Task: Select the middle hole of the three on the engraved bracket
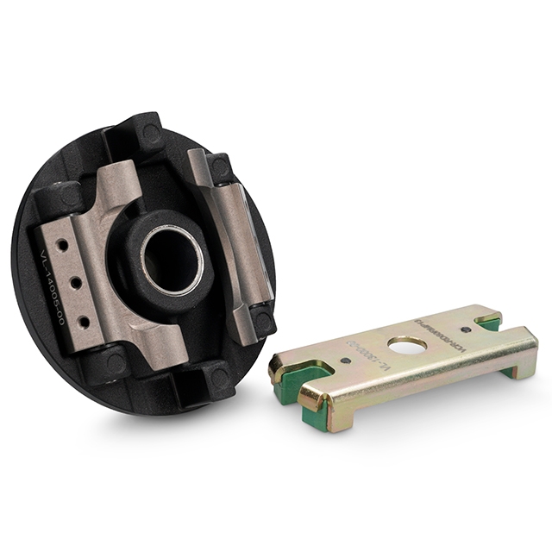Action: pos(72,281)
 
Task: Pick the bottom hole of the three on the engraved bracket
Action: pos(84,321)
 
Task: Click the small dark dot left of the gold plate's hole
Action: pos(344,361)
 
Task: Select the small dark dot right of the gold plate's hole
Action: pos(466,329)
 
